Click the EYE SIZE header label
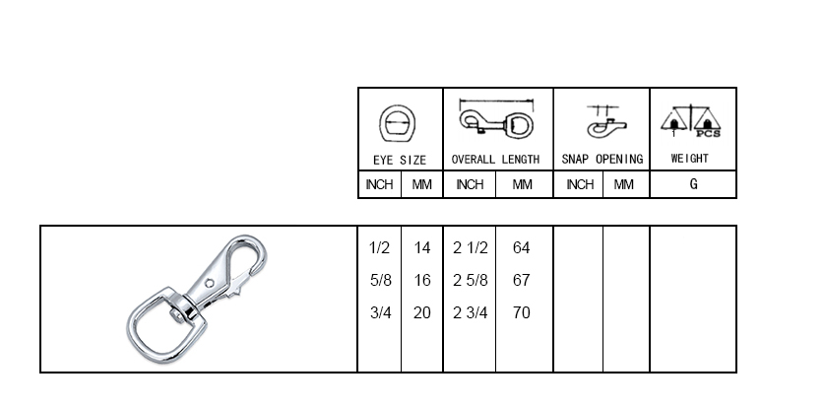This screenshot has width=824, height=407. click(400, 160)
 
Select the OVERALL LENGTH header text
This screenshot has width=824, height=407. click(495, 160)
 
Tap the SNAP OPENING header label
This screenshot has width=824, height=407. click(602, 159)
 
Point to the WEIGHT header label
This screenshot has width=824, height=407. click(689, 159)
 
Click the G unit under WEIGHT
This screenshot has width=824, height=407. click(694, 184)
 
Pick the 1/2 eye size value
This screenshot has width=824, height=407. click(380, 247)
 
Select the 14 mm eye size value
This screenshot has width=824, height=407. click(422, 247)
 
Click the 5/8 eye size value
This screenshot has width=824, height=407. click(380, 280)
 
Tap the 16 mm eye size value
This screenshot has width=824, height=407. click(422, 280)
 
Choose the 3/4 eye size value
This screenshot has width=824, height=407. click(380, 312)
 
